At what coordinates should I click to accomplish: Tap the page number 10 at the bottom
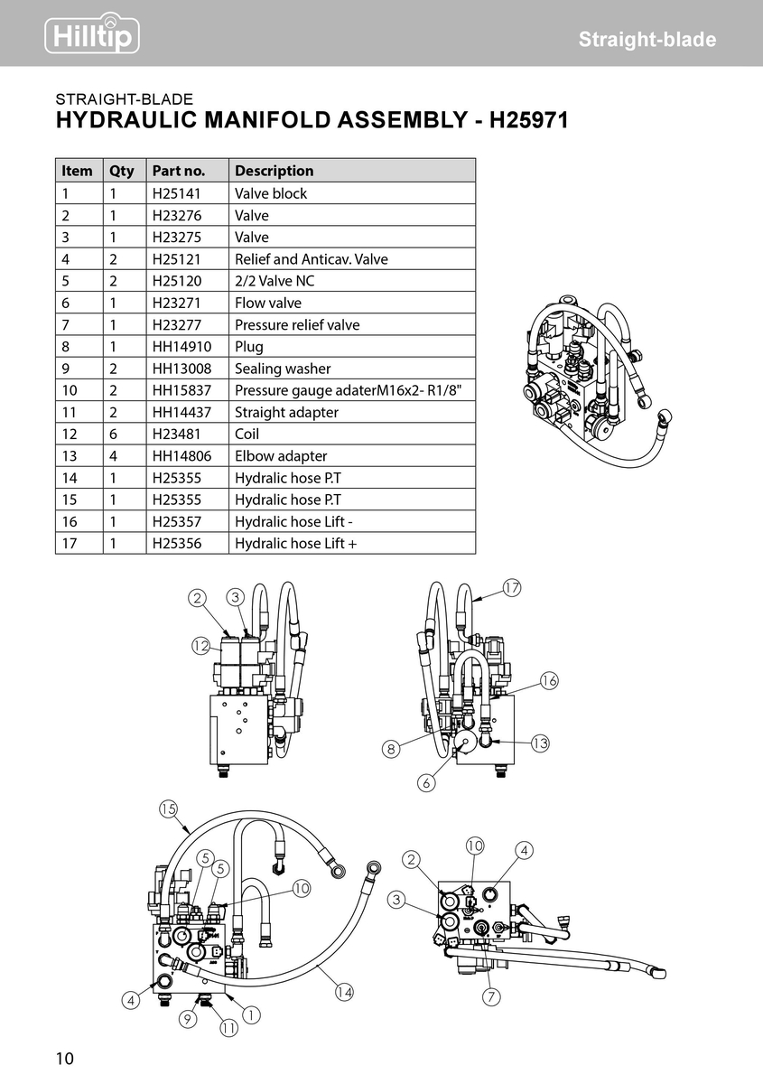[65, 1059]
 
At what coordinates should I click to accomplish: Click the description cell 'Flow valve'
[268, 303]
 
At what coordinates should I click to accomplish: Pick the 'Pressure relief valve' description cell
[297, 324]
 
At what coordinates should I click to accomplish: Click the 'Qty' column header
[122, 171]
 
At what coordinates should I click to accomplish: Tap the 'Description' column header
[274, 171]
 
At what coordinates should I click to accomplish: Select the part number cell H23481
[176, 434]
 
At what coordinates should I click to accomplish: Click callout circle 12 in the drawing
[200, 645]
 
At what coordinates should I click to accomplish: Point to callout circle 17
[511, 588]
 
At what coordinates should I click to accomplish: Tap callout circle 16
[549, 680]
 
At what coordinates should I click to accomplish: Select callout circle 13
[540, 743]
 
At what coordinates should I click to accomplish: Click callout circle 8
[390, 748]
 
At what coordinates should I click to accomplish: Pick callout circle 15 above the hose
[168, 808]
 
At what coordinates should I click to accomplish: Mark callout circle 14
[343, 992]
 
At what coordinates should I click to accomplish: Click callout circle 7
[491, 997]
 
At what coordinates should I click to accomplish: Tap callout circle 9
[188, 1019]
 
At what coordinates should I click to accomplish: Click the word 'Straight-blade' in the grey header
[647, 40]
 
